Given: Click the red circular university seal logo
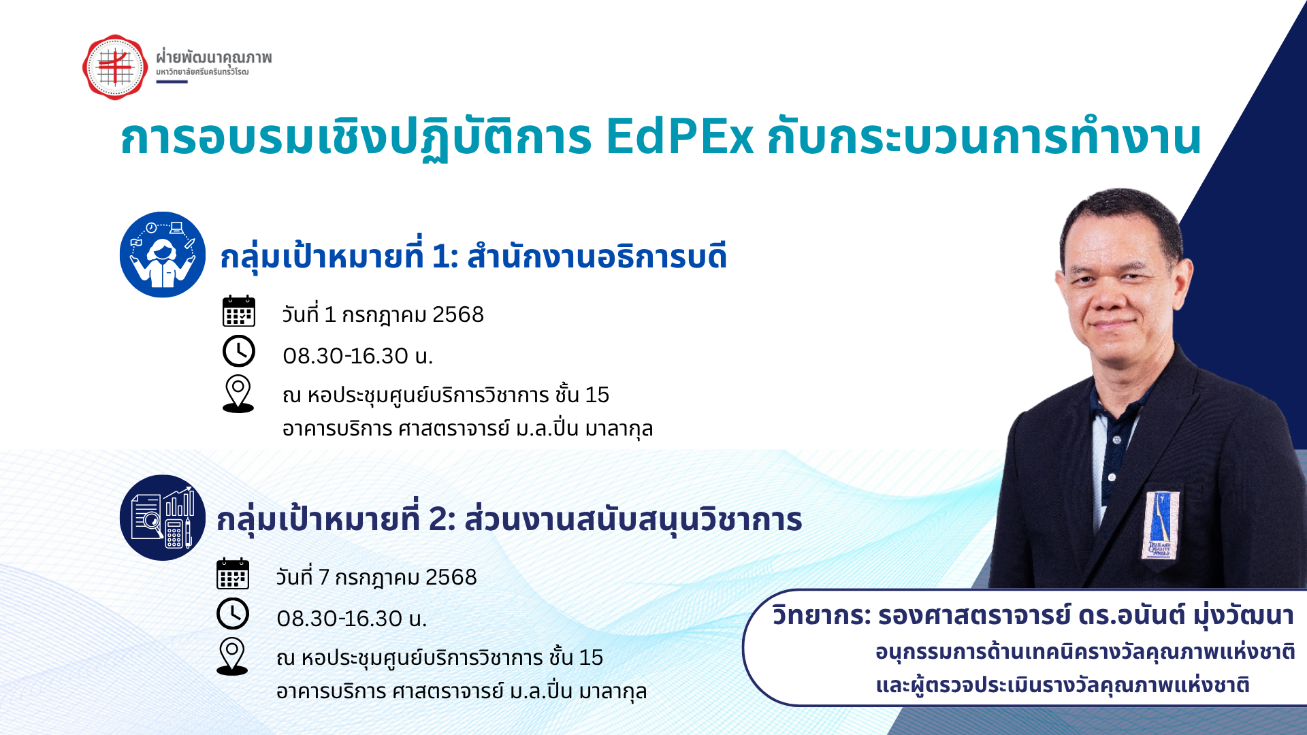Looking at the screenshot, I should pos(115,67).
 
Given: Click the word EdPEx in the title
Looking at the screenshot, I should pos(679,137).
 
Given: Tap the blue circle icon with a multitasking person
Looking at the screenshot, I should pos(163,255).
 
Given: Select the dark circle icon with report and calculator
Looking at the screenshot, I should pos(163,517).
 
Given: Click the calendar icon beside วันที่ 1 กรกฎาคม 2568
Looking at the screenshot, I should pos(239,312).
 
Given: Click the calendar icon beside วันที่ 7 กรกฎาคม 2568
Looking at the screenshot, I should pos(233,574).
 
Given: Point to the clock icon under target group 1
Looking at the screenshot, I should pos(239,352).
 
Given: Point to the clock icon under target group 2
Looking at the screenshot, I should pos(233,614).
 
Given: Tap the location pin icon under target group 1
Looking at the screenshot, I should pos(238,394).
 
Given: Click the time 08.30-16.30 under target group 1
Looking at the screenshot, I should pos(345,356).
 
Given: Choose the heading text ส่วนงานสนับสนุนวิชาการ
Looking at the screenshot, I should pos(633,520).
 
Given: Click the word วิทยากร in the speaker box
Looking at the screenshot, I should pos(821,616).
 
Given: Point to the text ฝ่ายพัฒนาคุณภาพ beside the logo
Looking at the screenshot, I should pos(214,57).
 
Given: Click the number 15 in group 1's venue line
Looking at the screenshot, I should pos(597,395).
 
